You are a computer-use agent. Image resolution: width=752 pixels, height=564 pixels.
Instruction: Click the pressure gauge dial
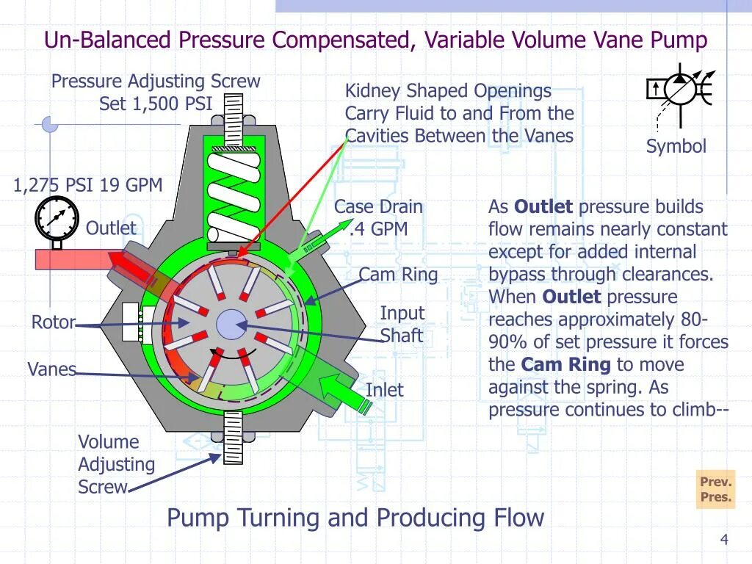tap(56, 220)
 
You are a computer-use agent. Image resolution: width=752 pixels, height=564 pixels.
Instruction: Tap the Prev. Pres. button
tap(715, 489)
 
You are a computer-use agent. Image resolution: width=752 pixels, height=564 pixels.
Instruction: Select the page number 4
tap(724, 540)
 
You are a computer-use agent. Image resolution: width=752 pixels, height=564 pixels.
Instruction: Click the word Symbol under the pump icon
tap(676, 146)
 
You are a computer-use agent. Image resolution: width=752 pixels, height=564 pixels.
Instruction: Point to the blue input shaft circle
tap(231, 324)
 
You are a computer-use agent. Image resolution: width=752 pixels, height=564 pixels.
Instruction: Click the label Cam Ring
tap(398, 275)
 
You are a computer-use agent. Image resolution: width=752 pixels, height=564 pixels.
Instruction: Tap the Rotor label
tap(53, 322)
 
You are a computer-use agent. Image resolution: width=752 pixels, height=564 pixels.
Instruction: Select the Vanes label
tap(51, 369)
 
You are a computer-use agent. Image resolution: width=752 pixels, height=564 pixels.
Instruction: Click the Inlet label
tap(384, 390)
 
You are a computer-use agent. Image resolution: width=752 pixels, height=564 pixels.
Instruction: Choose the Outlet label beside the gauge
tap(111, 228)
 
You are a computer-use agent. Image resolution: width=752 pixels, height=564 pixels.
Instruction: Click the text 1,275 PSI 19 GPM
tap(87, 185)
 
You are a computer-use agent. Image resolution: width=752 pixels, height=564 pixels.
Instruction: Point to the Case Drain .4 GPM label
tap(379, 218)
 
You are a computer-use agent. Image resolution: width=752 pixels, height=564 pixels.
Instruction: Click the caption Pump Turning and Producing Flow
tap(355, 518)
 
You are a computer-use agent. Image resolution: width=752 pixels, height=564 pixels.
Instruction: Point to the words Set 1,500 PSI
tap(155, 104)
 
